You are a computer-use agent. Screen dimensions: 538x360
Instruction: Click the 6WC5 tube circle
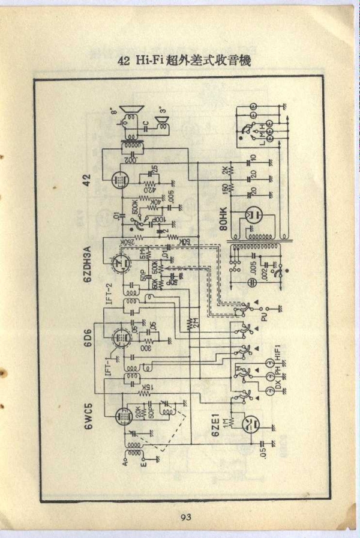pyautogui.click(x=124, y=415)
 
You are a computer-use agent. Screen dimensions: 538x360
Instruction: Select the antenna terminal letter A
pyautogui.click(x=124, y=462)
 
